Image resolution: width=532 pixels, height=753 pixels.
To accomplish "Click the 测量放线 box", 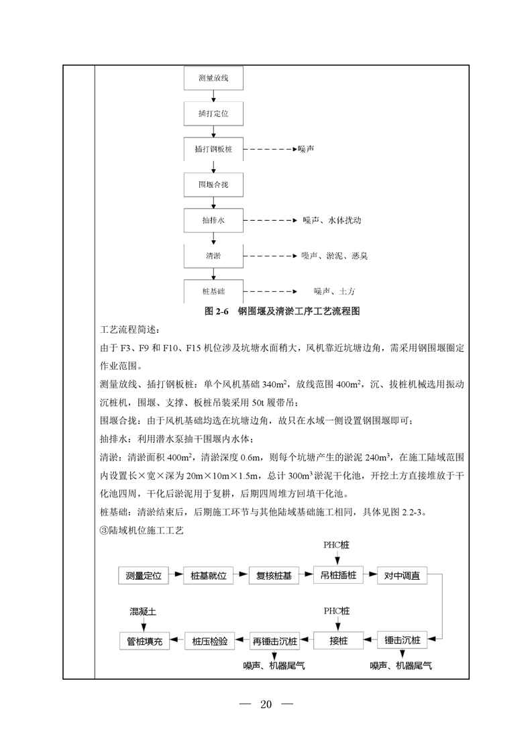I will point(213,79).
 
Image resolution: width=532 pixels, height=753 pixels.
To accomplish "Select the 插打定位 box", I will point(213,113).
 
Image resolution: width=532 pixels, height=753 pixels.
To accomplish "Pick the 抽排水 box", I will point(213,220).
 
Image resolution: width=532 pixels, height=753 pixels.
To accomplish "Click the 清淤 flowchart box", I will point(213,256).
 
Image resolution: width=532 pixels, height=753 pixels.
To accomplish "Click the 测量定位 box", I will point(143,576).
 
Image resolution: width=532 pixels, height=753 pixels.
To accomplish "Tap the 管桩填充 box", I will point(144,640).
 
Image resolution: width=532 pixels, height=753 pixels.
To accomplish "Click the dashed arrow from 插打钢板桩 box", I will point(268,149).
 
